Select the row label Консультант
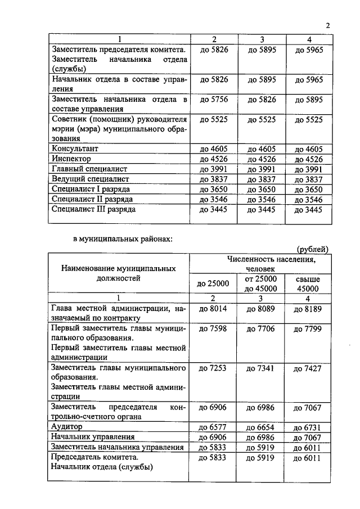[75, 148]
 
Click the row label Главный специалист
[89, 169]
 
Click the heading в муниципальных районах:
[123, 238]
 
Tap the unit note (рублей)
[312, 249]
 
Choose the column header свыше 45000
[308, 283]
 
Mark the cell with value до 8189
[308, 308]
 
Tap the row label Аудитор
[67, 427]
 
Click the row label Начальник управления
[93, 437]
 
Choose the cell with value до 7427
[308, 368]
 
